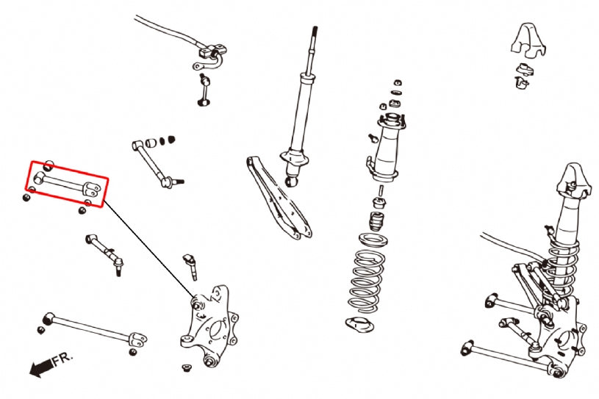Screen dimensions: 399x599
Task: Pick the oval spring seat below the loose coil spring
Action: click(x=361, y=324)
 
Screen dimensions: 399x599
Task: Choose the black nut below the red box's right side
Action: click(x=82, y=209)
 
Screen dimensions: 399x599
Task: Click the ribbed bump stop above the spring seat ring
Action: click(x=377, y=223)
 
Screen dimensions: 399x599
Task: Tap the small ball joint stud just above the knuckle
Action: click(x=190, y=265)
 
